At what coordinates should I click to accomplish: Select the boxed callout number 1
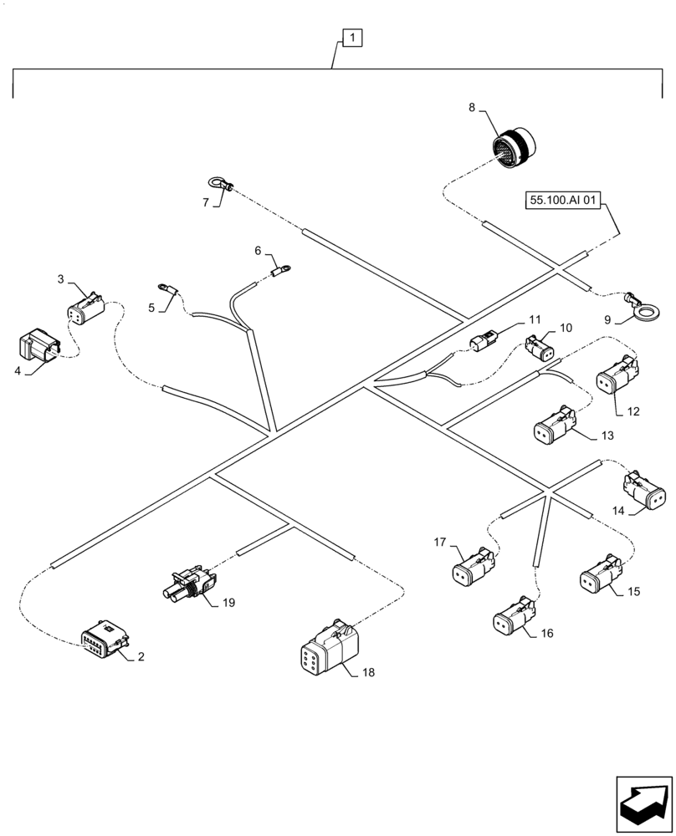coord(353,38)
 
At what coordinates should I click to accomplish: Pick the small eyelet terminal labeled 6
coord(282,269)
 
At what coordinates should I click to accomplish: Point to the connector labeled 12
coord(617,375)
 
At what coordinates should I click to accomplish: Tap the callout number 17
coord(440,543)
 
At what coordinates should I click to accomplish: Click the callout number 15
coord(633,592)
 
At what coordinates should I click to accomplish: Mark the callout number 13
coord(607,436)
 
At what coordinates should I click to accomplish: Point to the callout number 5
coord(151,308)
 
